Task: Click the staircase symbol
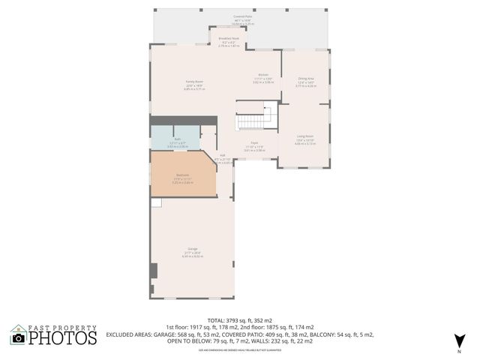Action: click(x=253, y=121)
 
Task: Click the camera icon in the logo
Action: click(x=18, y=338)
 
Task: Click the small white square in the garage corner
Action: click(x=155, y=203)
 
